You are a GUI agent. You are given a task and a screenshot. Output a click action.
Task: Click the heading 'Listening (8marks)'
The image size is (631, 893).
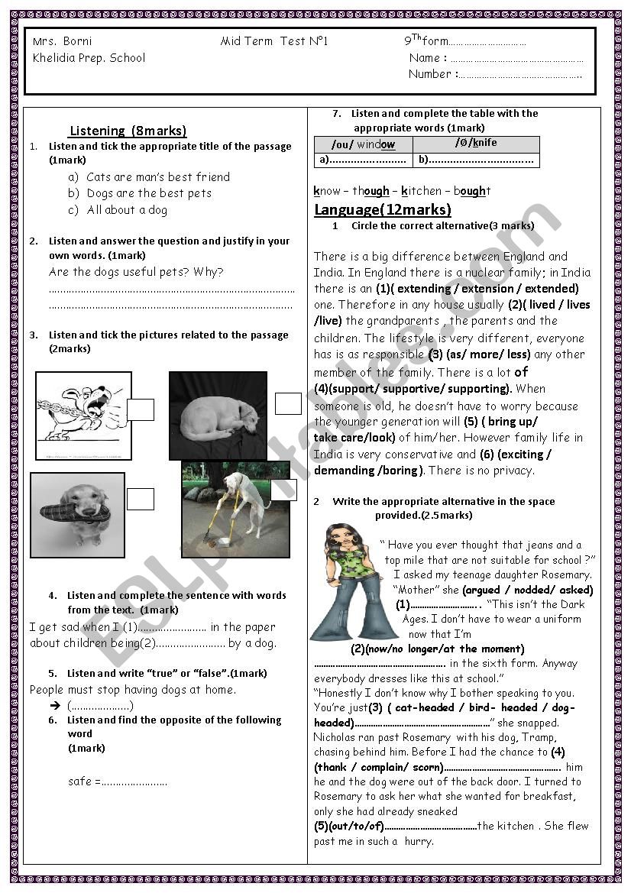pos(128,131)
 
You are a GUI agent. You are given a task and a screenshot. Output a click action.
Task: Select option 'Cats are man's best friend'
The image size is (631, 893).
pos(157,176)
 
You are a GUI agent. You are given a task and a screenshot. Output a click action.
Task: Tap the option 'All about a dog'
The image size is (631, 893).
pos(126,209)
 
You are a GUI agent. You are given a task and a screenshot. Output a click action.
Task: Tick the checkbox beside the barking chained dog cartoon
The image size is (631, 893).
pos(141,410)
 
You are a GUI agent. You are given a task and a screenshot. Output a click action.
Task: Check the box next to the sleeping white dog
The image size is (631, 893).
pos(288,403)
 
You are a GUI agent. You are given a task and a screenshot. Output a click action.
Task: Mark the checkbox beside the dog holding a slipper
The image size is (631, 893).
pos(141,499)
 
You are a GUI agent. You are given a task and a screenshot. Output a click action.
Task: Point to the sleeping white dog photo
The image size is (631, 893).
pos(218,416)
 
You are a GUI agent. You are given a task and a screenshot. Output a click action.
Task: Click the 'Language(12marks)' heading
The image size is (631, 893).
pos(383,209)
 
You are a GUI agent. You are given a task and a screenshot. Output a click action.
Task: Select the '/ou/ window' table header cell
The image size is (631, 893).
pos(364,144)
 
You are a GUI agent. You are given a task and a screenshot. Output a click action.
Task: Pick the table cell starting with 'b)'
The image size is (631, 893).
pos(476,160)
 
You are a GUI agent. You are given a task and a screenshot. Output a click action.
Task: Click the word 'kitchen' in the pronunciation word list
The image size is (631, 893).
pos(419,191)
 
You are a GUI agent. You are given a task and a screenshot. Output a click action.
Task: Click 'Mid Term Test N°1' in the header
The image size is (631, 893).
pos(274,41)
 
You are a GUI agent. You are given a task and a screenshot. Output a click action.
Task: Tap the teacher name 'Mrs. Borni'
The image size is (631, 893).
pos(63,41)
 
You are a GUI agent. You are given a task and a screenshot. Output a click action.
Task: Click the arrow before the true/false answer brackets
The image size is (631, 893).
pos(55,706)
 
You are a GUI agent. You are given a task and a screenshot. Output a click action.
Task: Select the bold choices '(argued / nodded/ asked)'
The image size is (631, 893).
pos(527,590)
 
